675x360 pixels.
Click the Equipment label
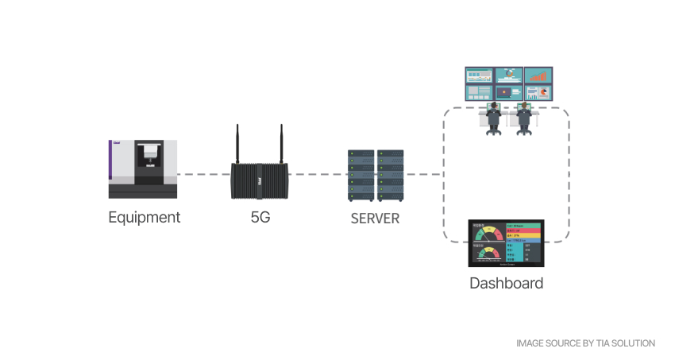pos(144,217)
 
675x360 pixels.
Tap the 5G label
pos(260,217)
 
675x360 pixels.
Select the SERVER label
pos(375,217)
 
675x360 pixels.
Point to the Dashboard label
pos(506,283)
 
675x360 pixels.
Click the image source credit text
pos(585,343)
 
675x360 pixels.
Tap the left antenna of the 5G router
pos(237,143)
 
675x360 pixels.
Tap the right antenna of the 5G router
pos(281,143)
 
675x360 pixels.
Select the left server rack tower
pos(361,175)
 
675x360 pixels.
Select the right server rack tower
pos(390,175)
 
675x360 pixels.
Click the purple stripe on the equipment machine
pos(110,168)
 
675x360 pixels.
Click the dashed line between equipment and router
pos(203,174)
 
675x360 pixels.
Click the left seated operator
pos(493,117)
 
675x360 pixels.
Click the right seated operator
pos(523,117)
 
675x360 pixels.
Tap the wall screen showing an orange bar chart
pos(541,76)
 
